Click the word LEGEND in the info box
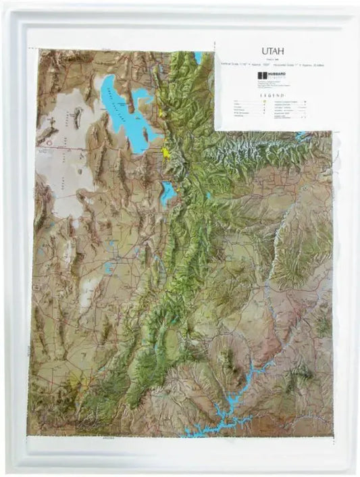pyautogui.click(x=269, y=96)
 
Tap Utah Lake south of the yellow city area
pyautogui.click(x=168, y=193)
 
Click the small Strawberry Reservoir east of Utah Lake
pyautogui.click(x=210, y=196)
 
